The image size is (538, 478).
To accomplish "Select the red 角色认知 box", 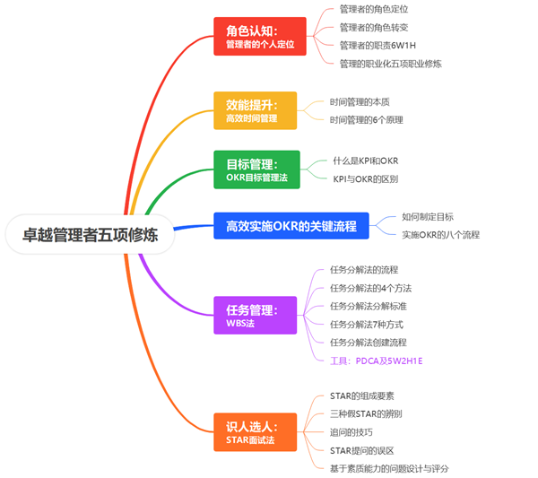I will [x=260, y=36].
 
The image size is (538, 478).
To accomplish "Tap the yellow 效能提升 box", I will [x=255, y=110].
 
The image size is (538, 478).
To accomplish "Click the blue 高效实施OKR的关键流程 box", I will [x=291, y=226].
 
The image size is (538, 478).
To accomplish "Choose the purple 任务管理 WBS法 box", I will [x=255, y=316].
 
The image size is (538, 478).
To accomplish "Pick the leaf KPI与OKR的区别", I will [x=366, y=178].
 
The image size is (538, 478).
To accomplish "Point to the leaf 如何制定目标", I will [x=428, y=216].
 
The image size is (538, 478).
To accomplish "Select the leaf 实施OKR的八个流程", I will [x=440, y=235].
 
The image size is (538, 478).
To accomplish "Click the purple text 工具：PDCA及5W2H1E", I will [x=376, y=360].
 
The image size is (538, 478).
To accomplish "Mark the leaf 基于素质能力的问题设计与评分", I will [x=388, y=467].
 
